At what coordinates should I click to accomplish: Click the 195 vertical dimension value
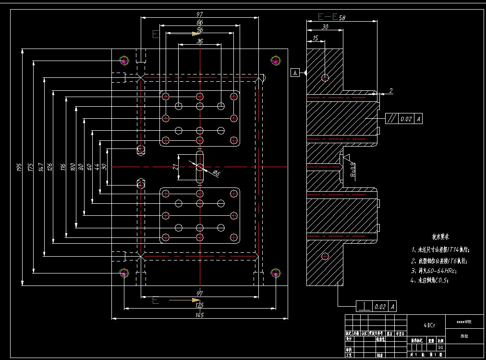20,167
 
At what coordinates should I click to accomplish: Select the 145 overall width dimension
200,315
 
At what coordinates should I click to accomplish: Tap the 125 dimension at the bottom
200,305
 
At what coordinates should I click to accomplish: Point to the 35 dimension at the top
200,41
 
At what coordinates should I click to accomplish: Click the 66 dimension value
200,23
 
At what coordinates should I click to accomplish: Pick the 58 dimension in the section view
342,18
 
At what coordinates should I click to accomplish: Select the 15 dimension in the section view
315,37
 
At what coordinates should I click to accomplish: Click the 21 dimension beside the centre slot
176,167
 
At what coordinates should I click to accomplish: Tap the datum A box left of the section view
295,73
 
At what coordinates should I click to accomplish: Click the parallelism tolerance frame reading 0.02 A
404,118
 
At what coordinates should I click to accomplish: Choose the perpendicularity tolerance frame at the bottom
376,306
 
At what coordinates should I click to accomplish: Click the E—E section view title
328,17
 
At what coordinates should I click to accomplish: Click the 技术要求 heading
440,237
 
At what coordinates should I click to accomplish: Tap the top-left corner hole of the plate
124,61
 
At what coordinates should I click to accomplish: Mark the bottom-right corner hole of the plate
276,273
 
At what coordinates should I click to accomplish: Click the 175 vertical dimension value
30,167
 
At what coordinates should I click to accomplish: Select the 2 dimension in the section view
390,90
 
